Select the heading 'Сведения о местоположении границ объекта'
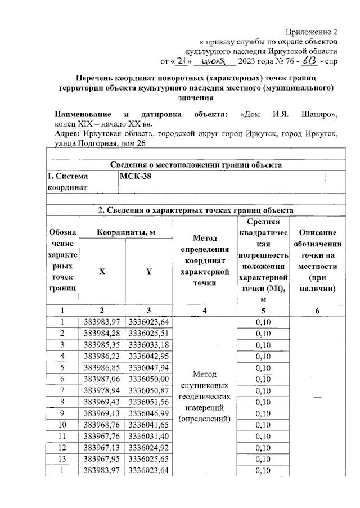pyautogui.click(x=195, y=165)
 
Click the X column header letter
pyautogui.click(x=102, y=271)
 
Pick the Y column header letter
pyautogui.click(x=148, y=271)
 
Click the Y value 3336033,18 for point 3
pyautogui.click(x=148, y=344)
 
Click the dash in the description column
pyautogui.click(x=318, y=397)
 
